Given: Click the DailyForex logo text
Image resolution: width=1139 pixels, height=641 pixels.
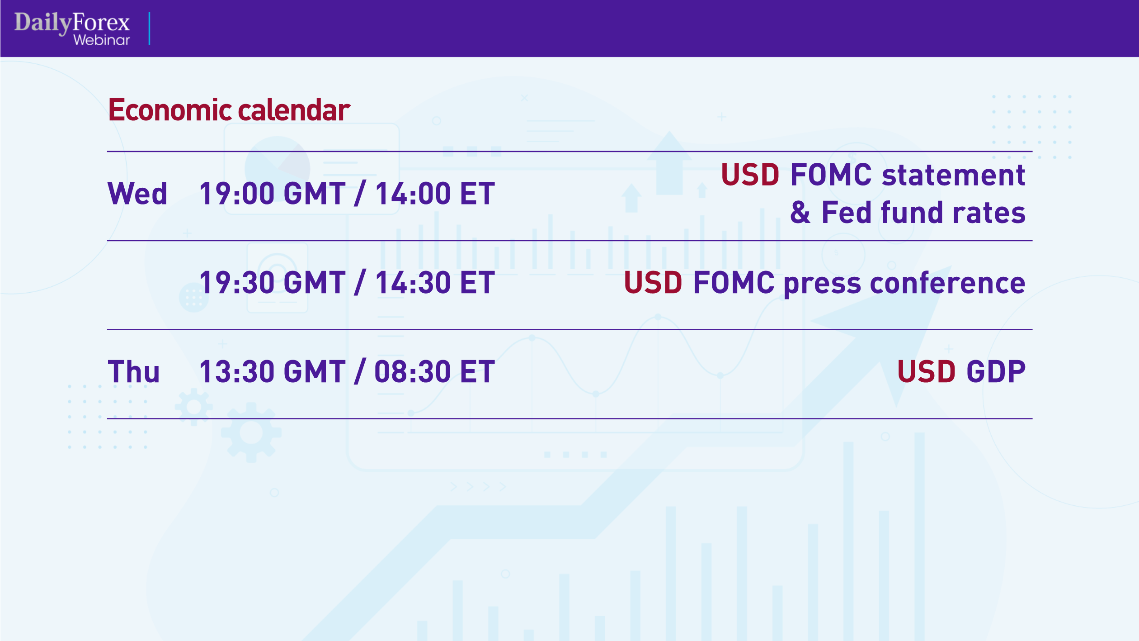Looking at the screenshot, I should (72, 22).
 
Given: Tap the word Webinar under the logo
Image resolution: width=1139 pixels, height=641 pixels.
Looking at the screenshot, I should (101, 40).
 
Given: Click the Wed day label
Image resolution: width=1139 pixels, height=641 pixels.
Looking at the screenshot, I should (137, 194).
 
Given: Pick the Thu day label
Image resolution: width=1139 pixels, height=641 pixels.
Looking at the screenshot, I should (134, 372).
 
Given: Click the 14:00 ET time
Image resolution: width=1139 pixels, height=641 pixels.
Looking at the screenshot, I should (435, 194).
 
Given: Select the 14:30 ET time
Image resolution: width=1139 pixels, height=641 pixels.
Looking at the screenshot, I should (435, 283).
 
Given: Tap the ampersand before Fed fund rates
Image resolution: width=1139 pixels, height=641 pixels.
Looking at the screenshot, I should (800, 213).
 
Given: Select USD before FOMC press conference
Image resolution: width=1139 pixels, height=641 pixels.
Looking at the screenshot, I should (653, 283).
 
